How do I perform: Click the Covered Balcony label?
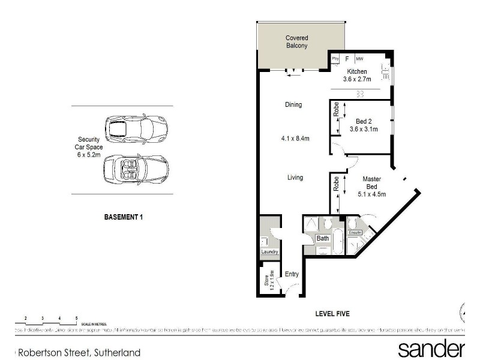point(296,42)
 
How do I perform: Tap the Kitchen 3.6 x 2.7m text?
point(358,75)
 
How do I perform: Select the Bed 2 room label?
point(362,125)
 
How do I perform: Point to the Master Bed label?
point(372,186)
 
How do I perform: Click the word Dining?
point(293,104)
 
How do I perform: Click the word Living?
point(295,178)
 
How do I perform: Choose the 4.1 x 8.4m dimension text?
point(295,139)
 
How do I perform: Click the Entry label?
point(292,274)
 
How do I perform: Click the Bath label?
point(323,239)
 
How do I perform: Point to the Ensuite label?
point(355,232)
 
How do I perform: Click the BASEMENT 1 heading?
point(123,217)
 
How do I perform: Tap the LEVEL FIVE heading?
point(332,314)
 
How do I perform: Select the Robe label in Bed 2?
point(337,110)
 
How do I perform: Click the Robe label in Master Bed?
point(337,183)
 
